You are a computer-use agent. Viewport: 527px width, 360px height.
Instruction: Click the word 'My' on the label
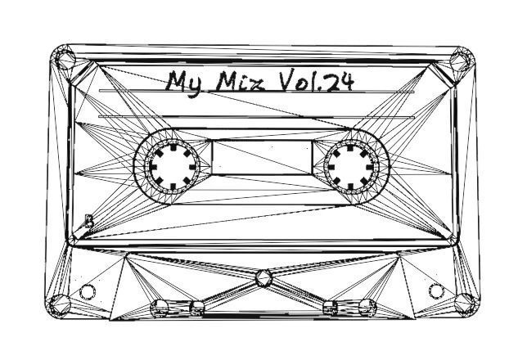tap(184, 82)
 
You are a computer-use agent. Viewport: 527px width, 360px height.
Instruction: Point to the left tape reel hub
tap(171, 164)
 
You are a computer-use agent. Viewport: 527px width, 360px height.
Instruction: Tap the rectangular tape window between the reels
tap(262, 156)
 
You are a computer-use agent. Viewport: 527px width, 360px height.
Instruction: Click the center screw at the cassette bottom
tap(263, 278)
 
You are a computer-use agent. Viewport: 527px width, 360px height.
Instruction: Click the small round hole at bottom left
tap(87, 291)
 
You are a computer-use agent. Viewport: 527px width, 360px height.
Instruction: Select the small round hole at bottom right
tap(436, 290)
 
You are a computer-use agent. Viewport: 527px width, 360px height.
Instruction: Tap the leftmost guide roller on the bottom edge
tap(161, 308)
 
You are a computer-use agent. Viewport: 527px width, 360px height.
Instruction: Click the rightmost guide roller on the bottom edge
tap(367, 308)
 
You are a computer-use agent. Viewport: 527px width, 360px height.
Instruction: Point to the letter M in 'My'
tap(177, 81)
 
